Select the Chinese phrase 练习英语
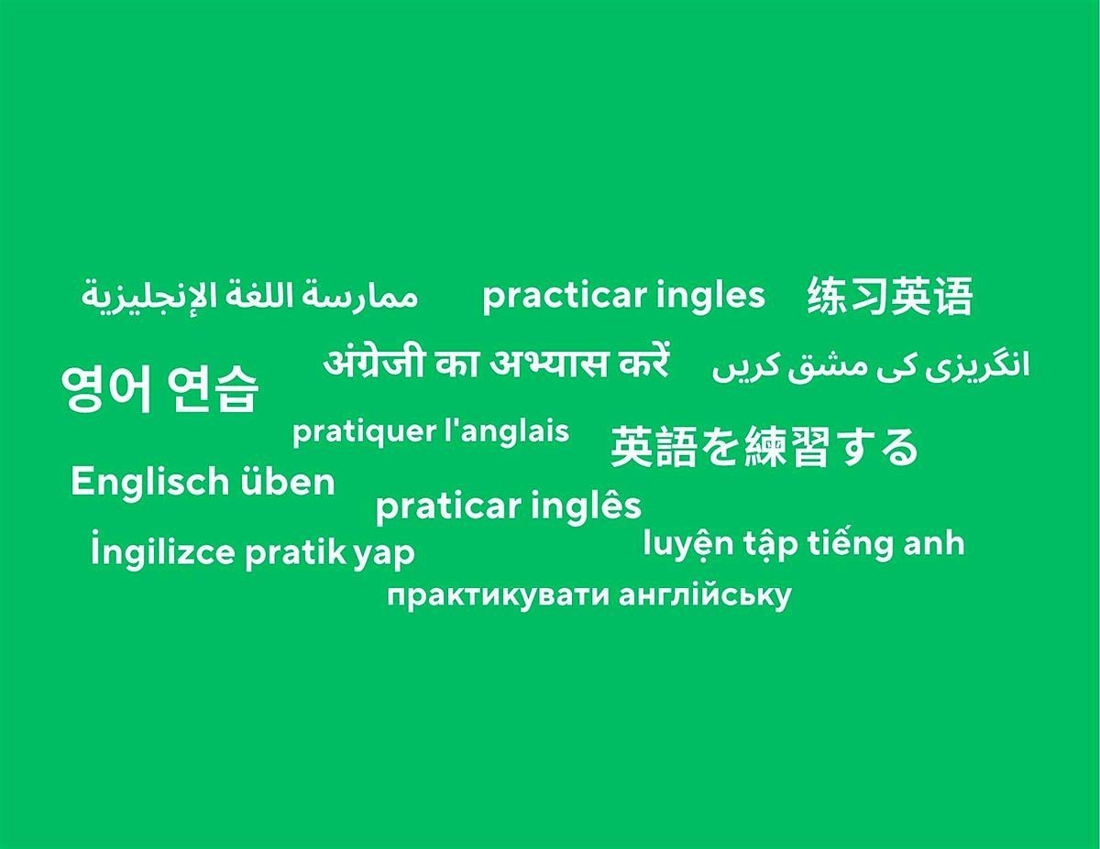[889, 296]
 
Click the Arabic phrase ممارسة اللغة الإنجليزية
[249, 296]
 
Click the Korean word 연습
[214, 389]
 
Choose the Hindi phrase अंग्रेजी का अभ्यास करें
[496, 363]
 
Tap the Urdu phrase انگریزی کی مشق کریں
[871, 365]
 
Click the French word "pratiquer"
[364, 431]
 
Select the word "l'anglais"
[506, 431]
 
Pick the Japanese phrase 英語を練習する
[764, 447]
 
